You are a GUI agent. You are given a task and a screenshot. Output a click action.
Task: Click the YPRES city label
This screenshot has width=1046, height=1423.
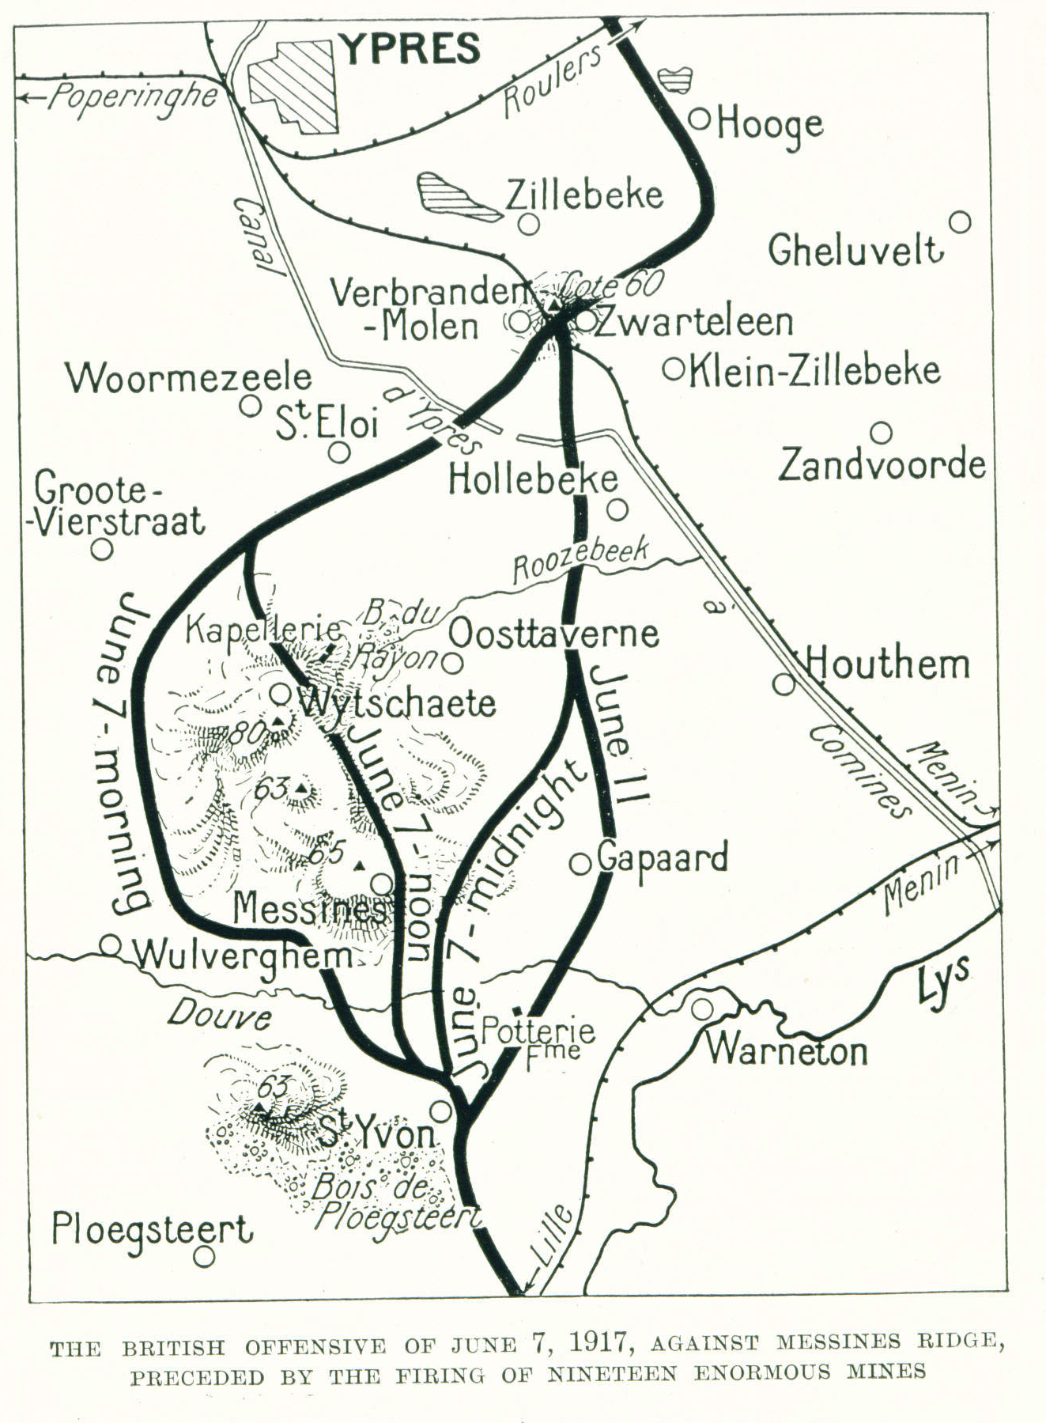[x=411, y=49]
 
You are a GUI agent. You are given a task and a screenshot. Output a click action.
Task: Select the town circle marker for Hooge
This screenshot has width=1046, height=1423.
[x=700, y=119]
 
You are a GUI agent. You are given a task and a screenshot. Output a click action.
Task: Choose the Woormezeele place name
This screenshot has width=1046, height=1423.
[x=189, y=377]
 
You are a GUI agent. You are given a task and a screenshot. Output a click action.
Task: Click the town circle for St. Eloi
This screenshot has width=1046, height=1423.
[x=340, y=452]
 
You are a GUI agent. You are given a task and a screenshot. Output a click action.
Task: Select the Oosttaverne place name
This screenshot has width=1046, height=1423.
[x=553, y=634]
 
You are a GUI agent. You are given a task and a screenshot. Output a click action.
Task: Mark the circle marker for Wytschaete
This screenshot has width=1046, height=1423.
[x=281, y=693]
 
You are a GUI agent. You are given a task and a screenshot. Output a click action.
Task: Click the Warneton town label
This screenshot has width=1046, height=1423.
[x=787, y=1050]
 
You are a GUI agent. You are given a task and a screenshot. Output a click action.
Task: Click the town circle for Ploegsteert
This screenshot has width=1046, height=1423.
[x=205, y=1255]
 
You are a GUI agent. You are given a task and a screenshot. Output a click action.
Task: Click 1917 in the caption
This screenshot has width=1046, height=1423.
[x=592, y=1342]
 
